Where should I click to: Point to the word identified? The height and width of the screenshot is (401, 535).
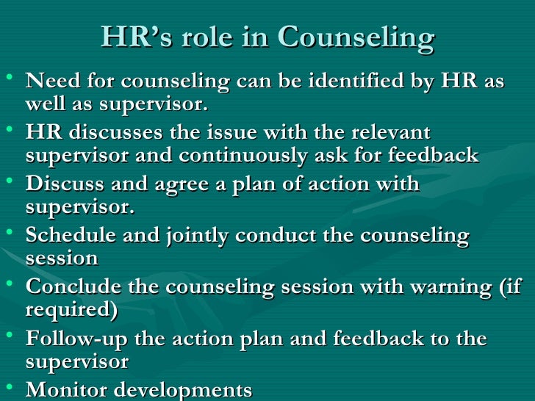[x=345, y=81]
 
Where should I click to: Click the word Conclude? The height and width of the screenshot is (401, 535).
[x=68, y=287]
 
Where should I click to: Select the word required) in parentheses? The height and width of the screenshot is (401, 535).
[x=71, y=311]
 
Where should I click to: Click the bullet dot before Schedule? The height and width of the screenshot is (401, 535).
[x=10, y=233]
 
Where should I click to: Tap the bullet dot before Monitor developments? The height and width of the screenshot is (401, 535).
[x=10, y=387]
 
